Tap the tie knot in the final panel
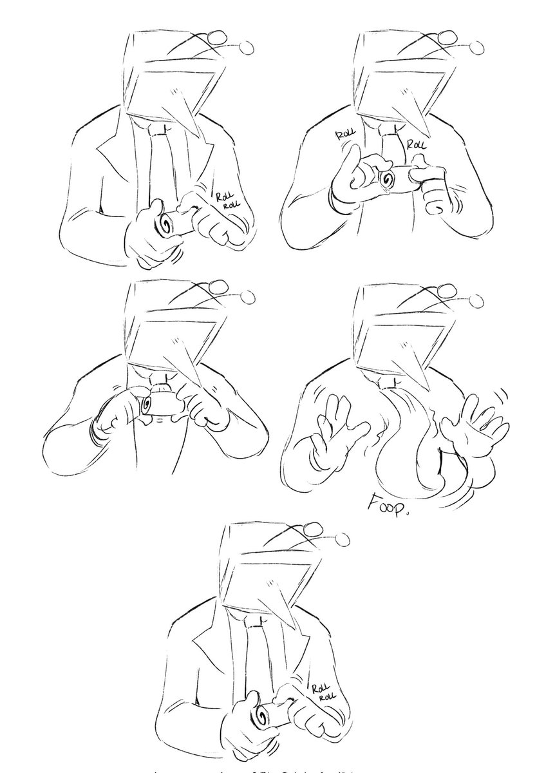(x=254, y=622)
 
